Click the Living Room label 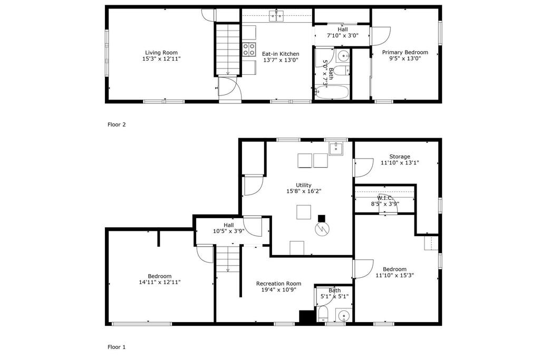pos(161,53)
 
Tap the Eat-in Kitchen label pos(281,54)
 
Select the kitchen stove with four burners pos(249,49)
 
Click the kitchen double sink pos(276,16)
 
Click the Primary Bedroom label pos(405,52)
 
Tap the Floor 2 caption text pos(117,124)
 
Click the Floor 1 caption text pos(117,347)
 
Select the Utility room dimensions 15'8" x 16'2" pos(303,191)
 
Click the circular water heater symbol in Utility pos(322,229)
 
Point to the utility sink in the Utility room pos(336,149)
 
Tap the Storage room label pos(400,157)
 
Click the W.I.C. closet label pos(384,198)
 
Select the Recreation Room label pos(278,284)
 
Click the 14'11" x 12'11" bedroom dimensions pos(159,282)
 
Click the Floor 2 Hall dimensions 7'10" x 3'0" pos(343,35)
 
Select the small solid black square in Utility pos(321,218)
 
